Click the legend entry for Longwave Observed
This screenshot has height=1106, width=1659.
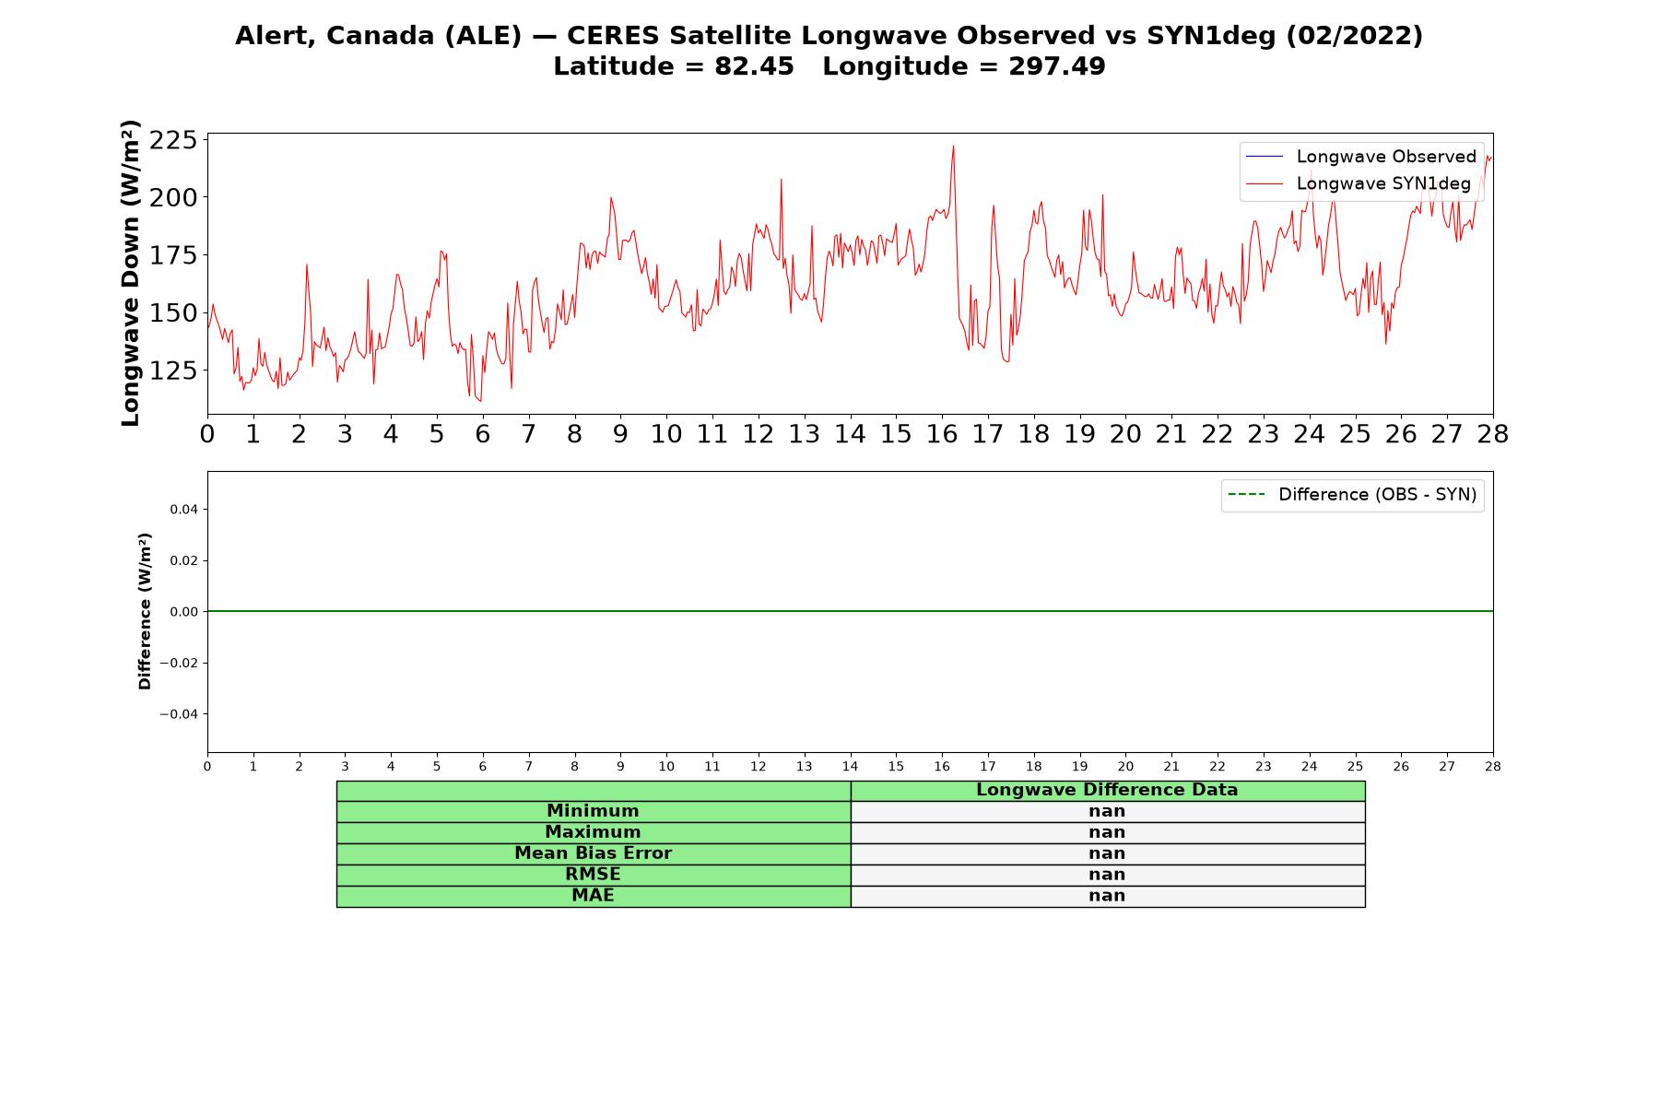(x=1360, y=157)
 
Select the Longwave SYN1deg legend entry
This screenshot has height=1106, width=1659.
(x=1358, y=183)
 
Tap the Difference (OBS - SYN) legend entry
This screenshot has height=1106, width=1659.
(x=1352, y=495)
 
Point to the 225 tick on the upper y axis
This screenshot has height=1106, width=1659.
(x=173, y=140)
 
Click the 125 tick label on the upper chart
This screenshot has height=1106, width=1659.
(x=173, y=371)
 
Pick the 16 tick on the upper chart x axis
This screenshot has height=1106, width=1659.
(x=942, y=434)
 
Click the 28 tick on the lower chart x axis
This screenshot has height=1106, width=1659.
(x=1493, y=767)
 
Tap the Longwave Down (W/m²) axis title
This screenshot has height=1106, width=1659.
(x=131, y=273)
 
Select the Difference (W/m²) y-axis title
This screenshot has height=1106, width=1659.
(x=145, y=611)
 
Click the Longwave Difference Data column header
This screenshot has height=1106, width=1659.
(x=1107, y=790)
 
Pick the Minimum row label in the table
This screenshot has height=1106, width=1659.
(x=593, y=811)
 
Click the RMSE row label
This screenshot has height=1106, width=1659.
(x=593, y=875)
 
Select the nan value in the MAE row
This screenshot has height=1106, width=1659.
(x=1107, y=896)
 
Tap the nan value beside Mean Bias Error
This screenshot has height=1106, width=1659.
(x=1107, y=853)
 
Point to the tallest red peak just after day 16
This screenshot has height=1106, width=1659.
(x=953, y=147)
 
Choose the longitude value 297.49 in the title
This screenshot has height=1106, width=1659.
(x=1056, y=66)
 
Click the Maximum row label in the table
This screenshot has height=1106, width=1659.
(x=593, y=832)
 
